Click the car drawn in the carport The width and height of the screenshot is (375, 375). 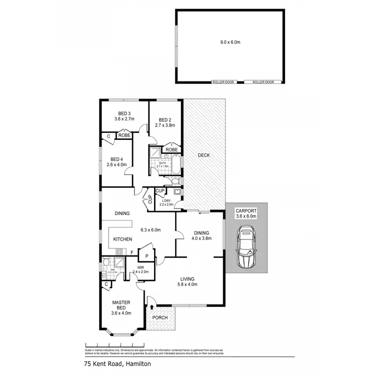pos(246,246)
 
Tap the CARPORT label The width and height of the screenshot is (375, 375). pos(246,210)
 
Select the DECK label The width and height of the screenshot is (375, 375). pos(203,155)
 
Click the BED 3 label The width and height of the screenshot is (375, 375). pos(124,113)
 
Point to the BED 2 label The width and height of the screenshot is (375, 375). pos(165,120)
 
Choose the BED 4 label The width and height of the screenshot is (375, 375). pos(117,160)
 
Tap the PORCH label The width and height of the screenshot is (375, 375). pos(160,317)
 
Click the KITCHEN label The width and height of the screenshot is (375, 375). pos(122,239)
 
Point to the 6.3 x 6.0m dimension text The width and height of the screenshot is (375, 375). pos(150,230)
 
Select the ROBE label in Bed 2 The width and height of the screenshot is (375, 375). pos(171,149)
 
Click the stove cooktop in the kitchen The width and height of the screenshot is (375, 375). pos(120,252)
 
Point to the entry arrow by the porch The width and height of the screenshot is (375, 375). pos(151,306)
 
